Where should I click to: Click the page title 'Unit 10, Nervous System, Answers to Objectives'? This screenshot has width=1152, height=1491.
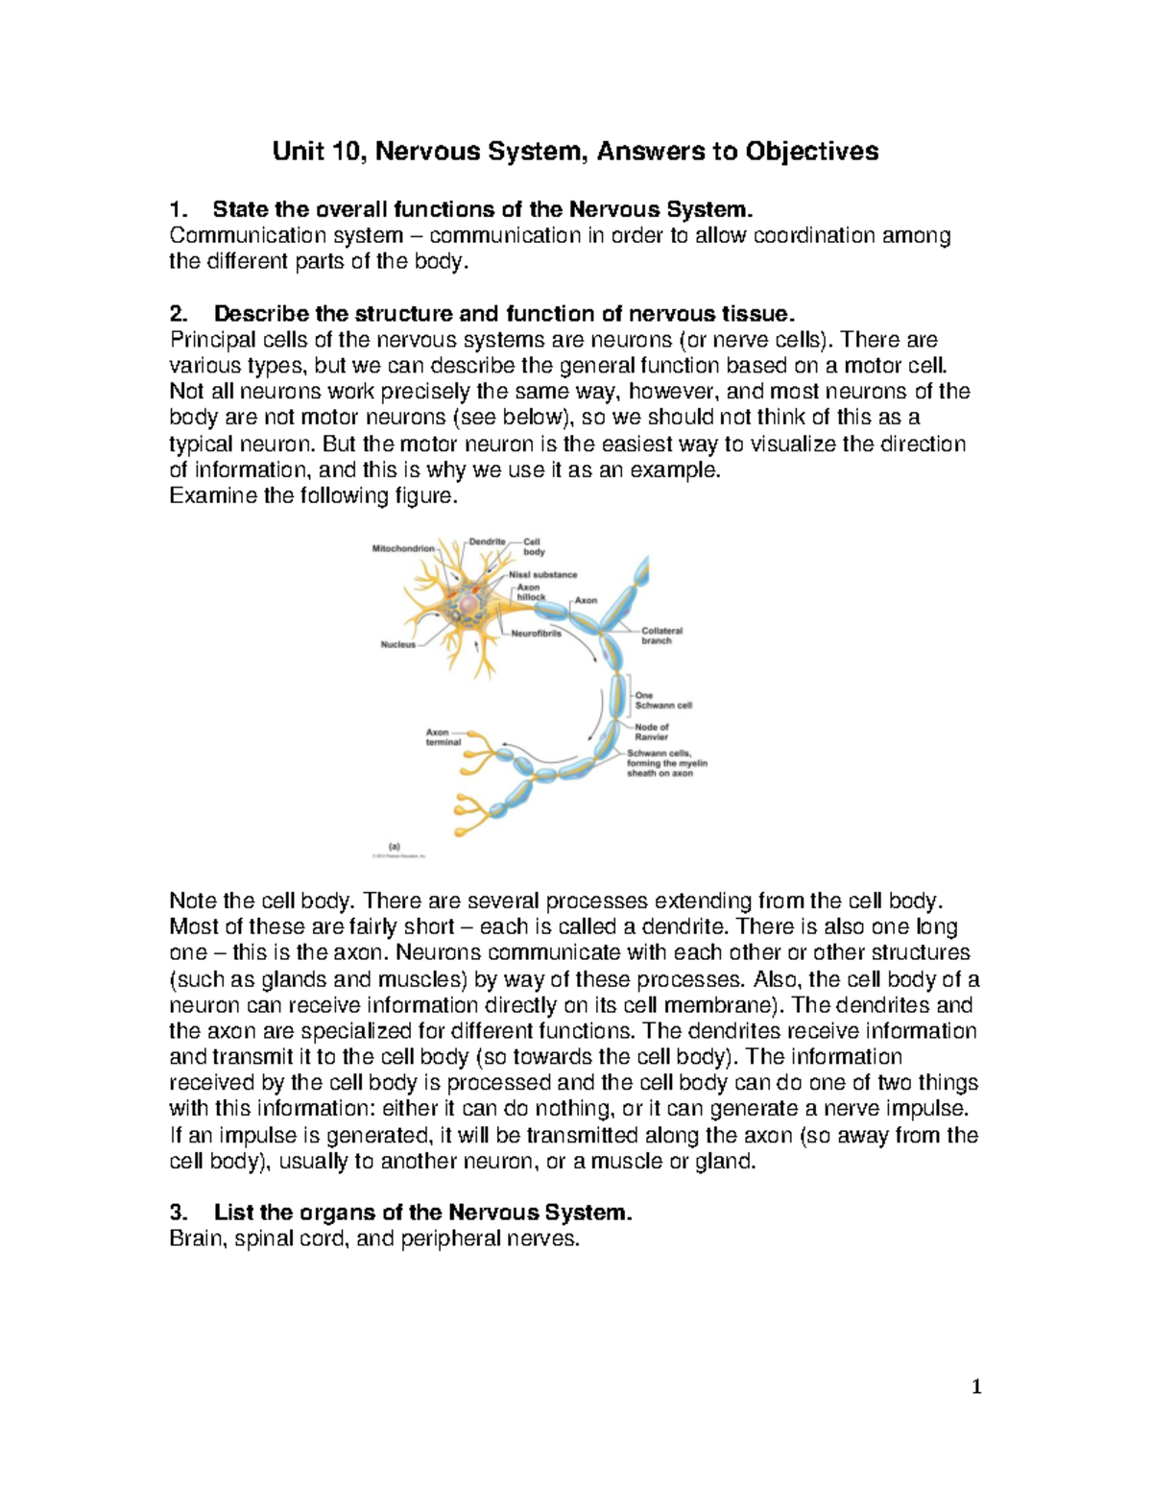(575, 152)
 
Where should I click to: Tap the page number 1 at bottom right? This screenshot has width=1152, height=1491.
(976, 1385)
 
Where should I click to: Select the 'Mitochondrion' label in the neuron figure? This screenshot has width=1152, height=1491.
(402, 549)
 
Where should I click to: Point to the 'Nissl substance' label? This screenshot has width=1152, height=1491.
(542, 574)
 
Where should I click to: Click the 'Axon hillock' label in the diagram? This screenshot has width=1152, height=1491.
(530, 592)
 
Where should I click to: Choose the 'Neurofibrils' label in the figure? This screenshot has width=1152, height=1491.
(536, 634)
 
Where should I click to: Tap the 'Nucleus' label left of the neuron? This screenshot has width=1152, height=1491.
(398, 645)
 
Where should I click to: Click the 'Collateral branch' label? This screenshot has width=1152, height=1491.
(661, 636)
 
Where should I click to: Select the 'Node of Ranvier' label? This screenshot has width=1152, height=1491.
(652, 732)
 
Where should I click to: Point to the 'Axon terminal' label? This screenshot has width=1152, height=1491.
(443, 737)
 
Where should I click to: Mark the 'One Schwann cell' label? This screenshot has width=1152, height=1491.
(662, 700)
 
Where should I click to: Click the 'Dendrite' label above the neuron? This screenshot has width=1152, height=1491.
(487, 541)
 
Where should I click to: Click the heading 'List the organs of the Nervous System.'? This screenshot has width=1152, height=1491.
(423, 1213)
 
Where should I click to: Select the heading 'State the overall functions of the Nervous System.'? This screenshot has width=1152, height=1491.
(477, 209)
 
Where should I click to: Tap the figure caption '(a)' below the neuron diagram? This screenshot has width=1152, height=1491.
(394, 846)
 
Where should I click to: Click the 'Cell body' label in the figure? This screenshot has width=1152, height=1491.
(534, 546)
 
